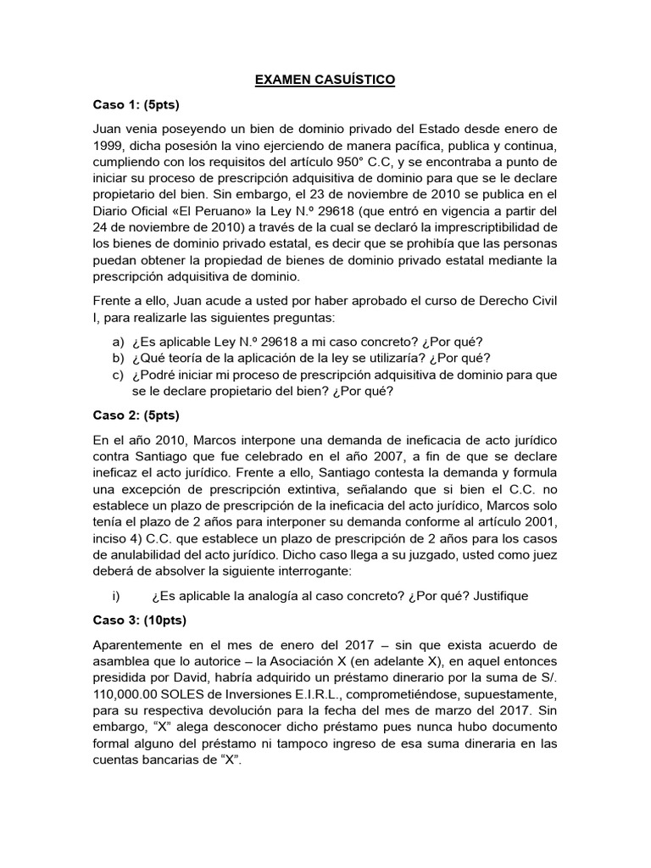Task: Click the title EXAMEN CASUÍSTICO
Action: pos(325,81)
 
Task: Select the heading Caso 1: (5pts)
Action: pos(136,105)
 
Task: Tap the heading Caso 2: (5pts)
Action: pos(136,415)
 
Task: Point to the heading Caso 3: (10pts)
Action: pos(139,619)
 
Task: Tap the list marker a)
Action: pos(118,342)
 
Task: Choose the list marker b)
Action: pos(118,358)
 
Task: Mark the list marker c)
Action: pos(118,375)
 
